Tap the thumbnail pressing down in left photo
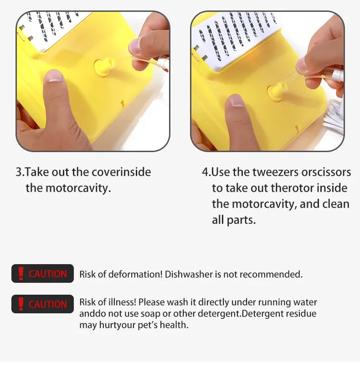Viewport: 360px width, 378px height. point(55,76)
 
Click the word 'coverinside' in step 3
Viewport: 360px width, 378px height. point(121,172)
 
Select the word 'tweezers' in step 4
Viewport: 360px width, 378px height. point(275,172)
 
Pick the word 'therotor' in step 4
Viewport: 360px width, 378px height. point(292,188)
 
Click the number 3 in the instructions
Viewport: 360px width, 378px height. point(19,172)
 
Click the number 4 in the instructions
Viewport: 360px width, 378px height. point(205,172)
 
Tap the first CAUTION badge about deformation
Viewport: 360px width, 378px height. point(42,273)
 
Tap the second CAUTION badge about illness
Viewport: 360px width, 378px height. point(42,304)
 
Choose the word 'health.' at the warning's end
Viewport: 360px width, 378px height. point(174,325)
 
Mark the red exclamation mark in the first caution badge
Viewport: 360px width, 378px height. point(21,273)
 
